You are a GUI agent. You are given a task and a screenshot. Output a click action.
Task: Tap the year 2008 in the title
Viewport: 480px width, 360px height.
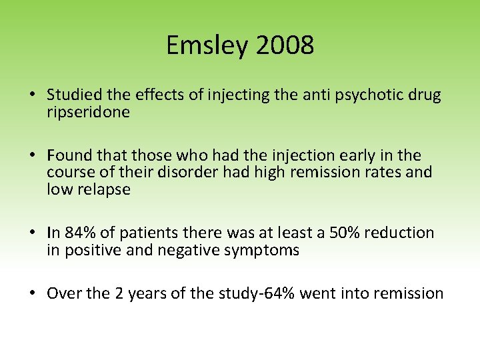284,46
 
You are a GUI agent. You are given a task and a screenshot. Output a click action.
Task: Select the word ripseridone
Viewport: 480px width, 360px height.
88,112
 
